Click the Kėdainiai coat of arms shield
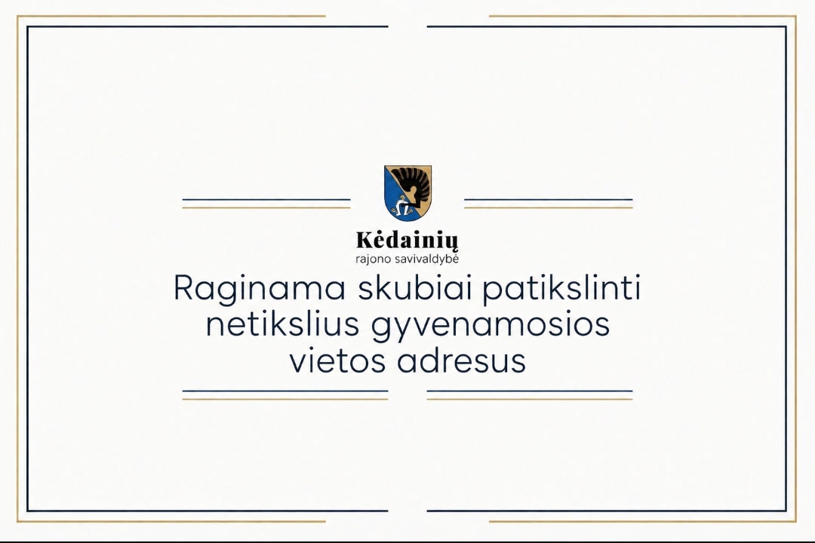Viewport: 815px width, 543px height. (408, 193)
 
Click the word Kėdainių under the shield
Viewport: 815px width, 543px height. (407, 241)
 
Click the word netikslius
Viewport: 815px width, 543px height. (283, 324)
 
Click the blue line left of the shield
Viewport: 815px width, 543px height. (266, 199)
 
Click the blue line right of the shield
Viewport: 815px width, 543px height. (549, 199)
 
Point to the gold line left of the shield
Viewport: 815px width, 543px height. (266, 207)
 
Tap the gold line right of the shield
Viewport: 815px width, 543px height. (549, 207)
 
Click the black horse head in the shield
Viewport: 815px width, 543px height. (414, 185)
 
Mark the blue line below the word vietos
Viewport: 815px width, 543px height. (285, 391)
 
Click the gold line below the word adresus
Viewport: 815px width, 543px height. (530, 399)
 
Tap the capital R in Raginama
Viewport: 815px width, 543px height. (185, 288)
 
